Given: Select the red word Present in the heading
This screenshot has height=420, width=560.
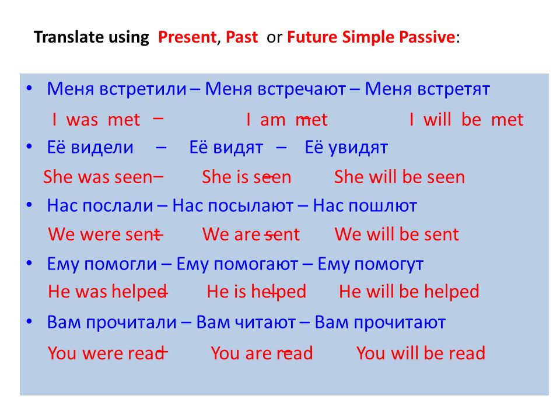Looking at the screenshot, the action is point(187,37).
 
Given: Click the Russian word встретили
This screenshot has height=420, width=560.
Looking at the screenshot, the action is point(143,89).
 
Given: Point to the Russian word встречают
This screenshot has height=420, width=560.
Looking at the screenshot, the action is point(302,89).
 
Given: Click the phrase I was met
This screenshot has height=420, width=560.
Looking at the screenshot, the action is point(96,120).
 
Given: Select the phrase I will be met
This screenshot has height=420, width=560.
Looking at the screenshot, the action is point(467,120).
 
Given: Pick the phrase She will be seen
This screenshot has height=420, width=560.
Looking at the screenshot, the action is point(400,177).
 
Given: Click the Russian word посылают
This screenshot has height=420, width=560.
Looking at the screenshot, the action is point(250,206).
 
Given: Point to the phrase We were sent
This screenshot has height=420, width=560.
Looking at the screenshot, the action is point(104,235).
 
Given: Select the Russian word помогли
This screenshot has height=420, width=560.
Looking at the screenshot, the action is point(121,264).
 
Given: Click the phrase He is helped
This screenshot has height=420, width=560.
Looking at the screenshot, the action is point(257,292).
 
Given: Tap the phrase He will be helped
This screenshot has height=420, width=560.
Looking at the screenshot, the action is point(409,292).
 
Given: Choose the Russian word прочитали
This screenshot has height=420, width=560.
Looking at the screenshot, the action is point(131,323).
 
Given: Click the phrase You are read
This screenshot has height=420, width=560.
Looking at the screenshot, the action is point(262,353).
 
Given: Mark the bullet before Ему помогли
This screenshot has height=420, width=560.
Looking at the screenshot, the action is point(30,263).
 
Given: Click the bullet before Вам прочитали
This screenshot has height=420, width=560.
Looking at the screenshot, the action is point(30,321).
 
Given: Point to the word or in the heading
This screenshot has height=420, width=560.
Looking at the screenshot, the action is point(274,38).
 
